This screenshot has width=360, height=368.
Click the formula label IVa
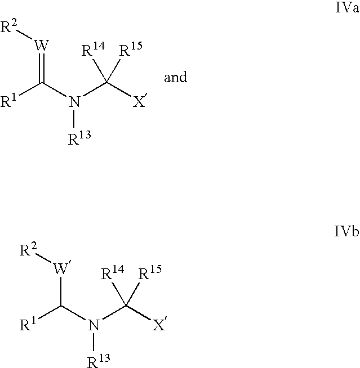pyautogui.click(x=347, y=8)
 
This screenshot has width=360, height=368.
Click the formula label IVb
pyautogui.click(x=346, y=231)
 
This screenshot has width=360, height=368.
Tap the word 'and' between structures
pyautogui.click(x=176, y=77)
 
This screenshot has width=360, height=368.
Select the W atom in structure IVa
pyautogui.click(x=42, y=46)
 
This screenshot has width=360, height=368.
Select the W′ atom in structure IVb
pyautogui.click(x=61, y=268)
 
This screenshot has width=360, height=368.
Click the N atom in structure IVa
pyautogui.click(x=74, y=102)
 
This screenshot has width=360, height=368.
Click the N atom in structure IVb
pyautogui.click(x=94, y=325)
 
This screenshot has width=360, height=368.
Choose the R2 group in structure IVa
pyautogui.click(x=9, y=26)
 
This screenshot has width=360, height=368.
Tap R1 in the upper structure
pyautogui.click(x=8, y=101)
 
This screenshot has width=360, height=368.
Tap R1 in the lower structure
pyautogui.click(x=28, y=324)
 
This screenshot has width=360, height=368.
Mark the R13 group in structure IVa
pyautogui.click(x=79, y=138)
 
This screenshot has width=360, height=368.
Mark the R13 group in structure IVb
pyautogui.click(x=99, y=361)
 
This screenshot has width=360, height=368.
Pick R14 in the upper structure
pyautogui.click(x=94, y=50)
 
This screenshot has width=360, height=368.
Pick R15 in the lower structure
pyautogui.click(x=150, y=273)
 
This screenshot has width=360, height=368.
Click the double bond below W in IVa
pyautogui.click(x=42, y=68)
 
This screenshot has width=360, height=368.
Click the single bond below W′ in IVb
pyautogui.click(x=61, y=291)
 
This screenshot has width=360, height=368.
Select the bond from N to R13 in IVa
pyautogui.click(x=74, y=119)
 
